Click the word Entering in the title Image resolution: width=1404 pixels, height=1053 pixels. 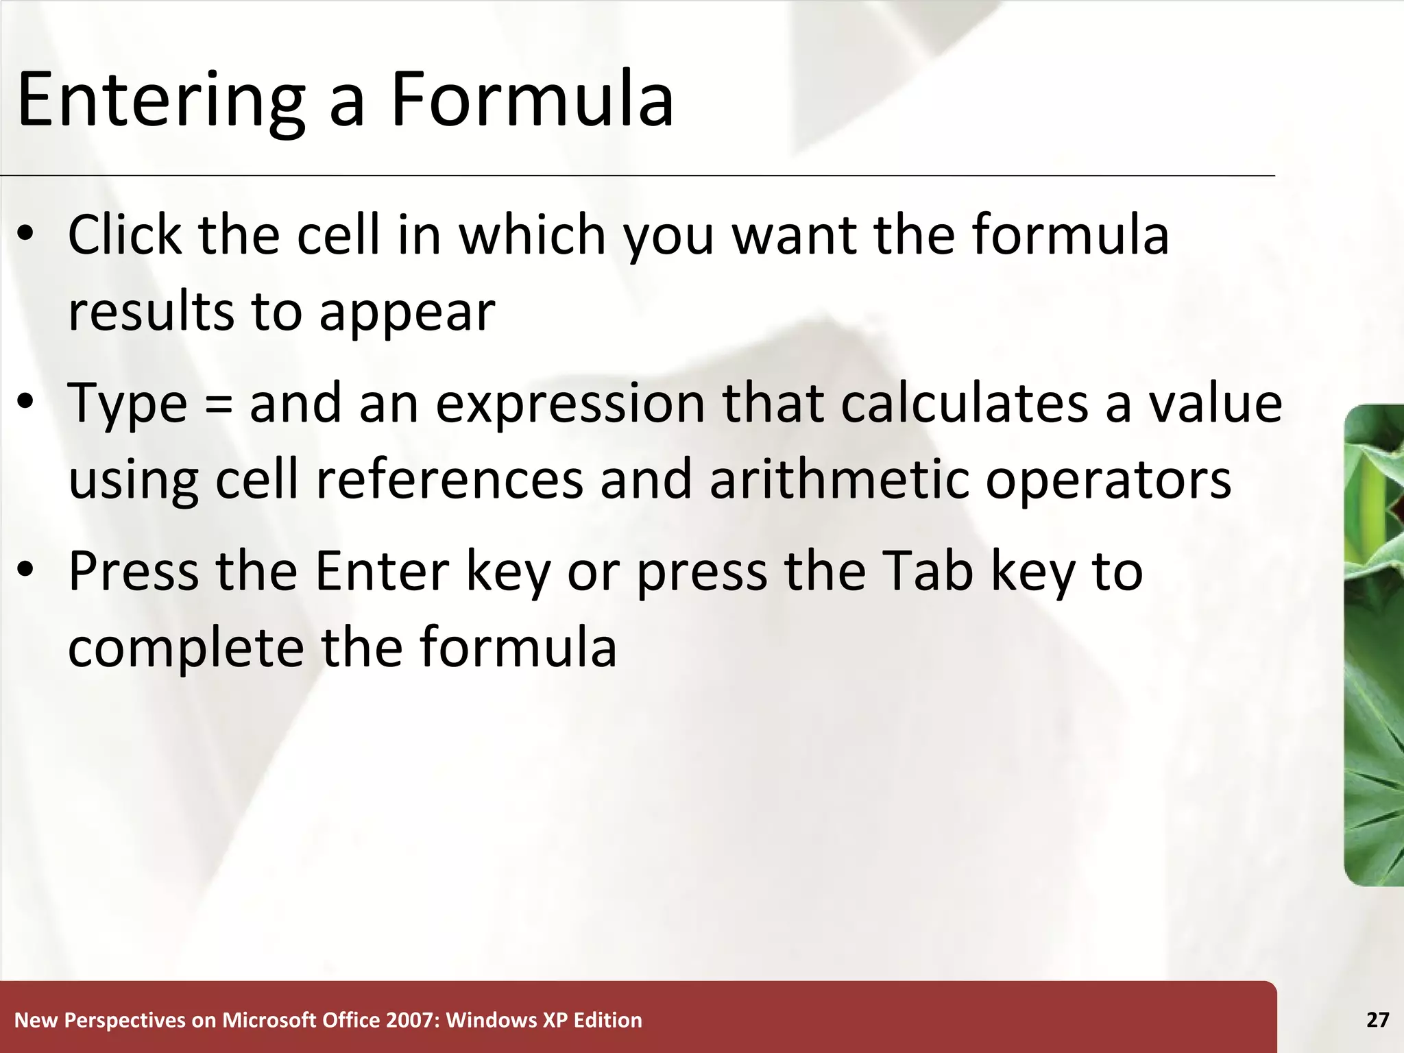point(160,101)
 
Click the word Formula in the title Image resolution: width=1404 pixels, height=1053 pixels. point(532,100)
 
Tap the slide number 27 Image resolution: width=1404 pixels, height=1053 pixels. point(1377,1020)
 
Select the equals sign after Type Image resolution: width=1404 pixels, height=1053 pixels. point(218,404)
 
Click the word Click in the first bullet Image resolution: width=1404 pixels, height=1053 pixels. point(124,235)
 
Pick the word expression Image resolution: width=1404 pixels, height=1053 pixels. point(570,404)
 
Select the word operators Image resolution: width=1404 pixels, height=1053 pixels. point(1108,481)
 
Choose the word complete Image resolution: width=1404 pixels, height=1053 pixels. point(186,649)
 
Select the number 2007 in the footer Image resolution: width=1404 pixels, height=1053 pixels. point(411,1020)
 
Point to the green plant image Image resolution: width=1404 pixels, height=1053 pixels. point(1374,644)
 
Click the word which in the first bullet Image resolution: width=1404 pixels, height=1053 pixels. point(532,235)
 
